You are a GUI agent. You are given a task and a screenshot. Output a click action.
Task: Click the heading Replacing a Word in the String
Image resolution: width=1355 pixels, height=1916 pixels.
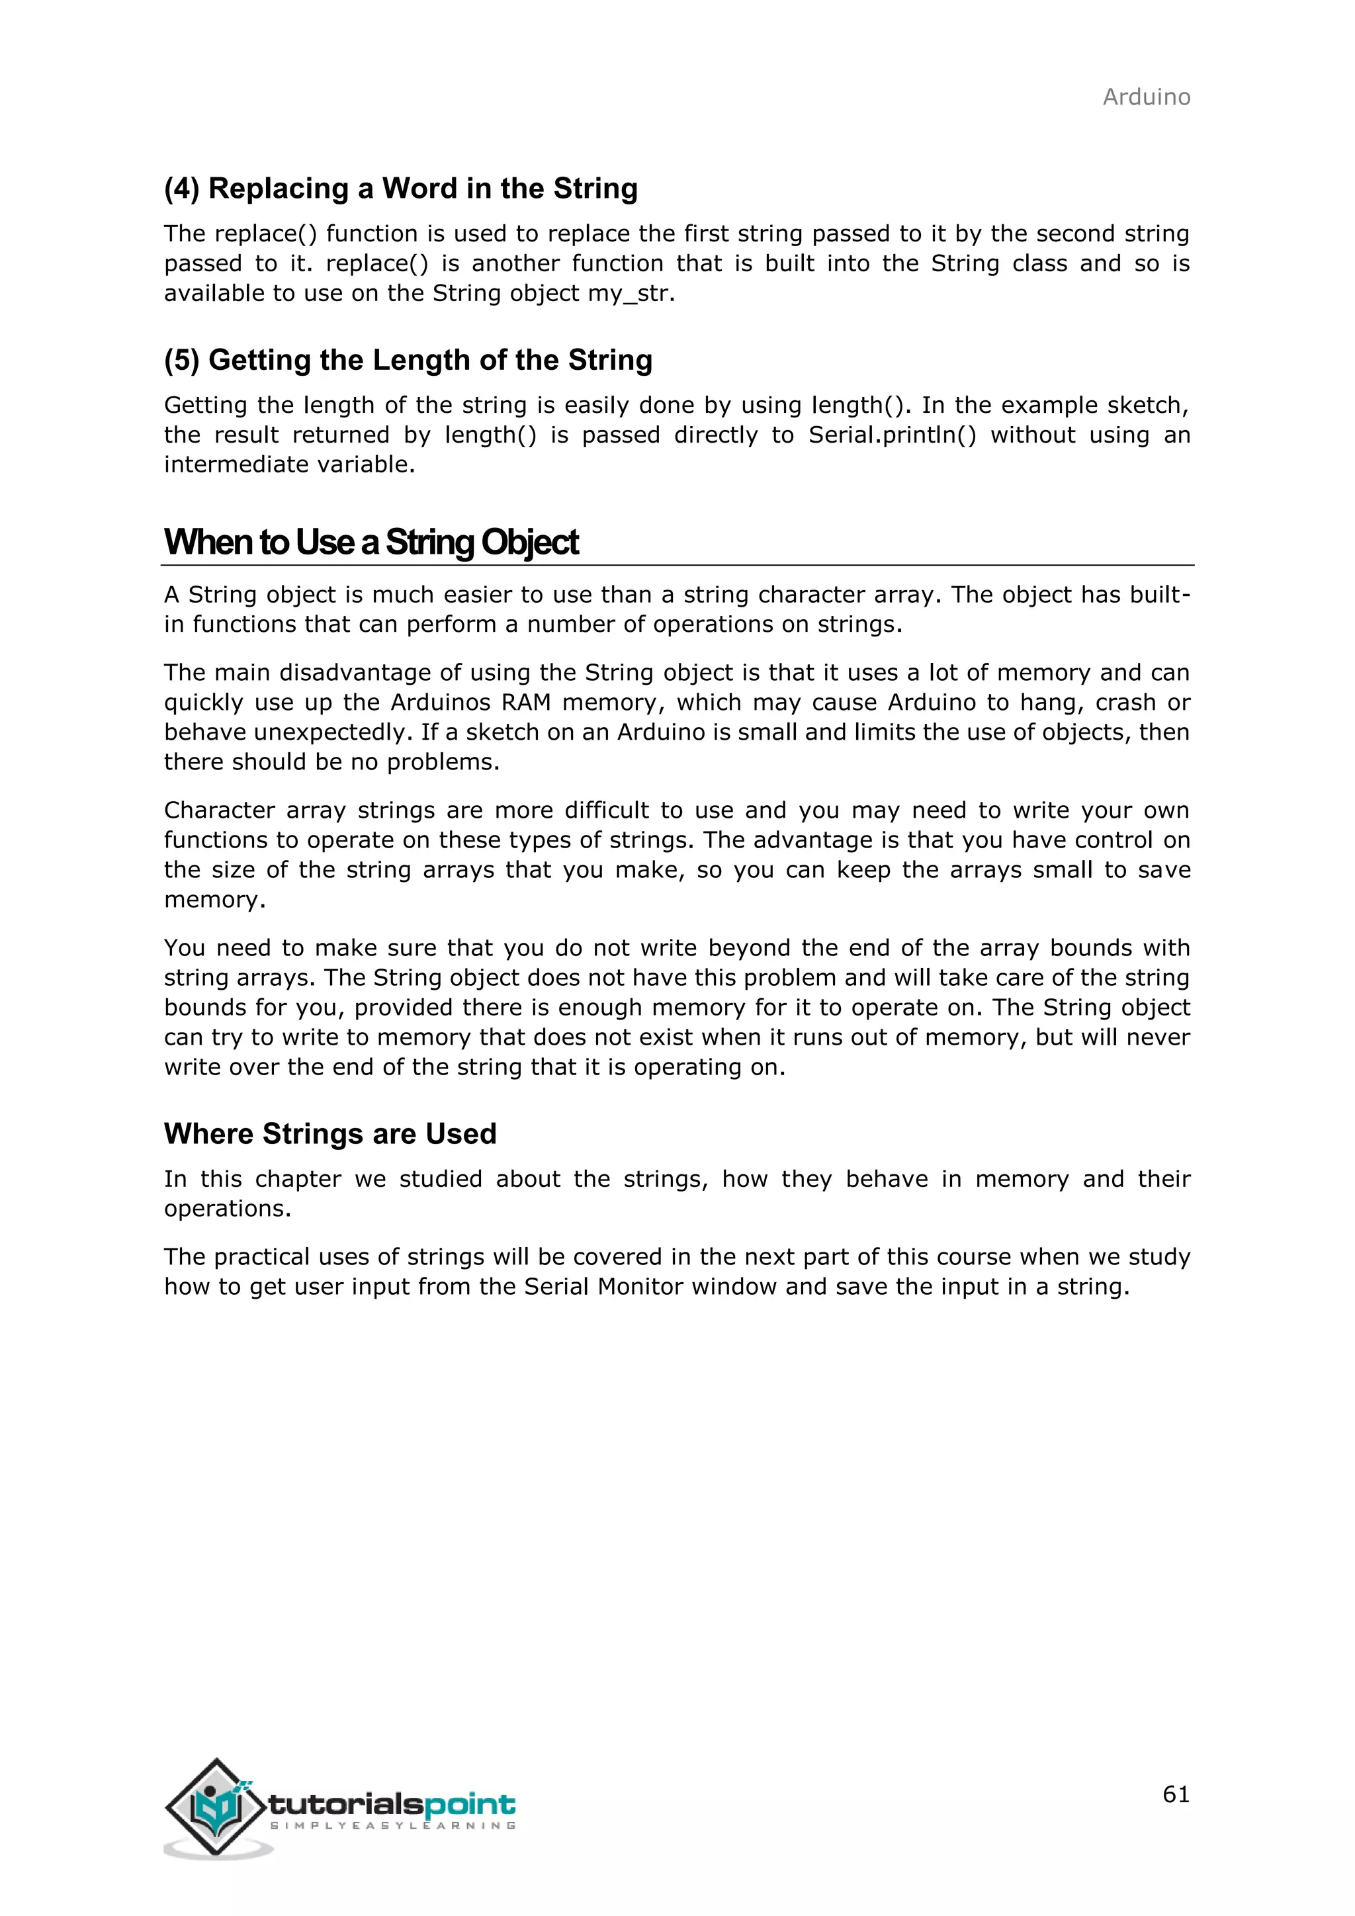point(400,189)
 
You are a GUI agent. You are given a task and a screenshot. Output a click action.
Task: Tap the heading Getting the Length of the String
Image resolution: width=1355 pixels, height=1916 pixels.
point(408,361)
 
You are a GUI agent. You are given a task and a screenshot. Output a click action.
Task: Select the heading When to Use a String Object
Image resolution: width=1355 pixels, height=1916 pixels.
point(371,543)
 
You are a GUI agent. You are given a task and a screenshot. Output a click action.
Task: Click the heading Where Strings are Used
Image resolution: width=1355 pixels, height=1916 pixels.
point(329,1134)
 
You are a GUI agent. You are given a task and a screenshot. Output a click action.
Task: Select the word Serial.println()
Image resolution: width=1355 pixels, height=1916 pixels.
point(891,435)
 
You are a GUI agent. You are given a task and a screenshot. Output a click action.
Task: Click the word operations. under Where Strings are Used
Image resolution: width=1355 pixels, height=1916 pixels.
point(227,1209)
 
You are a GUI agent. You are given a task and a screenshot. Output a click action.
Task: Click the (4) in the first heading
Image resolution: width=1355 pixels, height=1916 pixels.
point(182,189)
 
